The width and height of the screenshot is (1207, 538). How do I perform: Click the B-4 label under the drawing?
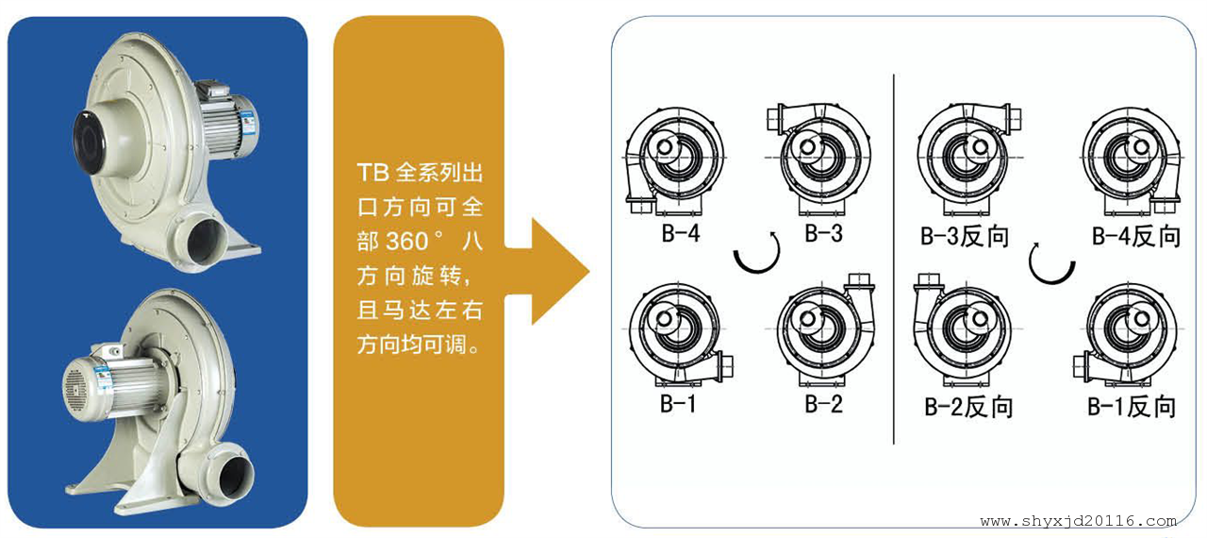(x=681, y=233)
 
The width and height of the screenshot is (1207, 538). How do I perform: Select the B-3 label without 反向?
(x=823, y=233)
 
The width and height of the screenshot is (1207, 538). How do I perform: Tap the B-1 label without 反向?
(x=678, y=403)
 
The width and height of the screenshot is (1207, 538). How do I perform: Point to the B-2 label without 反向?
(x=823, y=403)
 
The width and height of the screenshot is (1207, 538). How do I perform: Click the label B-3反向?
(x=965, y=236)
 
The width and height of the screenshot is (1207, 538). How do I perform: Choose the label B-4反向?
(x=1136, y=236)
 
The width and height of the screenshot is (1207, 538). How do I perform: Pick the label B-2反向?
(x=968, y=407)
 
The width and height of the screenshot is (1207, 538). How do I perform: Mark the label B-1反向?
(x=1132, y=407)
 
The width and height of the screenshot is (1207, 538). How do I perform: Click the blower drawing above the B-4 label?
(x=675, y=160)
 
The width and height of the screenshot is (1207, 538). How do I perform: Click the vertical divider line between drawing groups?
(x=893, y=260)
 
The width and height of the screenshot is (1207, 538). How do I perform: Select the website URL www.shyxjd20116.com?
(x=1078, y=521)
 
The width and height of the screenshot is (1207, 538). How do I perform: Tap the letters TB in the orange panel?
(x=372, y=173)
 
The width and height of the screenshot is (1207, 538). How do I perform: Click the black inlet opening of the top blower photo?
(x=90, y=142)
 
